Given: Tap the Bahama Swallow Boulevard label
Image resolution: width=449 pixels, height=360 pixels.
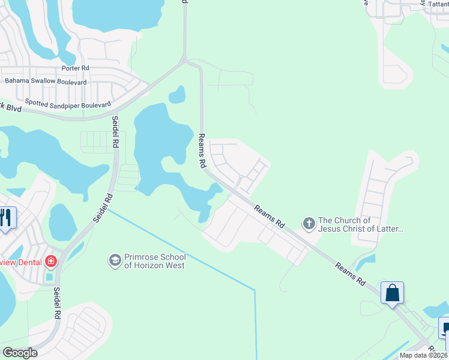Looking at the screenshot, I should pos(46,81).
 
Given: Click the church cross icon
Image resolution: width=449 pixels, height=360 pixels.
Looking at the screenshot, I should pos(309,224).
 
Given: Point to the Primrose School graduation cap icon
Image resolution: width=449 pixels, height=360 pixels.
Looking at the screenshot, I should pos(114,260).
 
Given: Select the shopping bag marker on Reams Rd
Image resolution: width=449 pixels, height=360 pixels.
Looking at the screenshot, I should pos(392,293).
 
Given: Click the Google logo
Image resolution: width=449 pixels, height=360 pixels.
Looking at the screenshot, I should pos(20,353).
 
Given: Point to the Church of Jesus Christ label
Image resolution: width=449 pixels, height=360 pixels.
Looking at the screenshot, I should pos(361,224).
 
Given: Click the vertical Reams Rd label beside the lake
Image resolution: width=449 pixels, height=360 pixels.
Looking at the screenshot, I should pos(203,151).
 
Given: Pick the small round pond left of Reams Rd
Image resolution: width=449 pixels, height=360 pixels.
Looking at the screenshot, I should pos(176,94).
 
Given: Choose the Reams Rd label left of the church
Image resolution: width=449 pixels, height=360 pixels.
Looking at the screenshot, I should pos(269,217).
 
